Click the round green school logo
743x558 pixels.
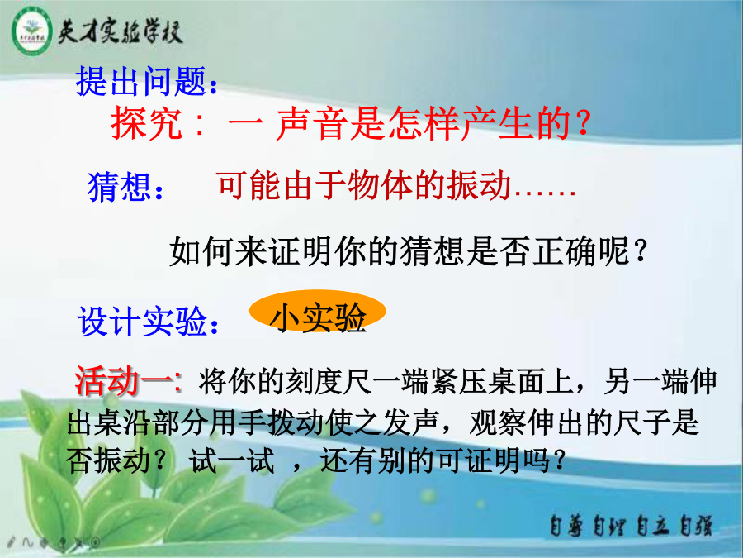point(31,32)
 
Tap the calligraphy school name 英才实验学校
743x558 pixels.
point(121,32)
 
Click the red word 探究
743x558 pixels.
point(146,123)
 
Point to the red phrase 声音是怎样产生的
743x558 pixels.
point(423,123)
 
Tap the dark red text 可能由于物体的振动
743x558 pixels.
point(364,185)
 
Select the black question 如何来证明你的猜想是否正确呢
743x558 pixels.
point(399,251)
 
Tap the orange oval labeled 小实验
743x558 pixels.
point(318,312)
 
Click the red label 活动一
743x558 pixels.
point(125,381)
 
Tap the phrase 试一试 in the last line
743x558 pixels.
point(231,460)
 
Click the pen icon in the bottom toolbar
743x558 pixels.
point(12,541)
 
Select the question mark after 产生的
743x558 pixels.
point(584,124)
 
